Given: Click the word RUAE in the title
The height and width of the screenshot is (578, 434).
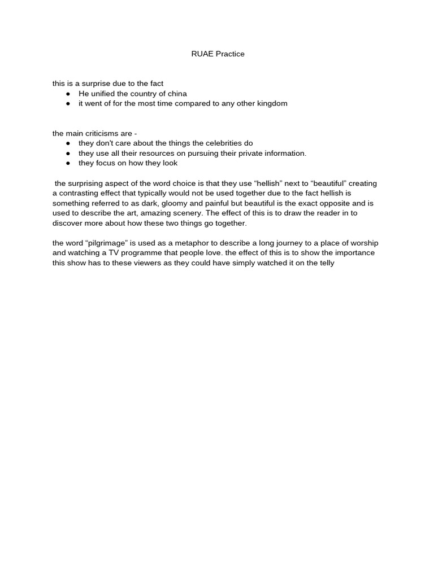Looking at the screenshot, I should click(x=201, y=54).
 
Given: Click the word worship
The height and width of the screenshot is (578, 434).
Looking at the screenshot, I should click(x=363, y=243).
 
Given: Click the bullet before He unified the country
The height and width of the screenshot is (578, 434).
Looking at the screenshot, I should click(x=68, y=94).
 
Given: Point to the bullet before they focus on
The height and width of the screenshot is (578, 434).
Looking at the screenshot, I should click(x=68, y=163).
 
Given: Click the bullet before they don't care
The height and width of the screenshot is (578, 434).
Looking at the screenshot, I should click(x=68, y=143).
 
